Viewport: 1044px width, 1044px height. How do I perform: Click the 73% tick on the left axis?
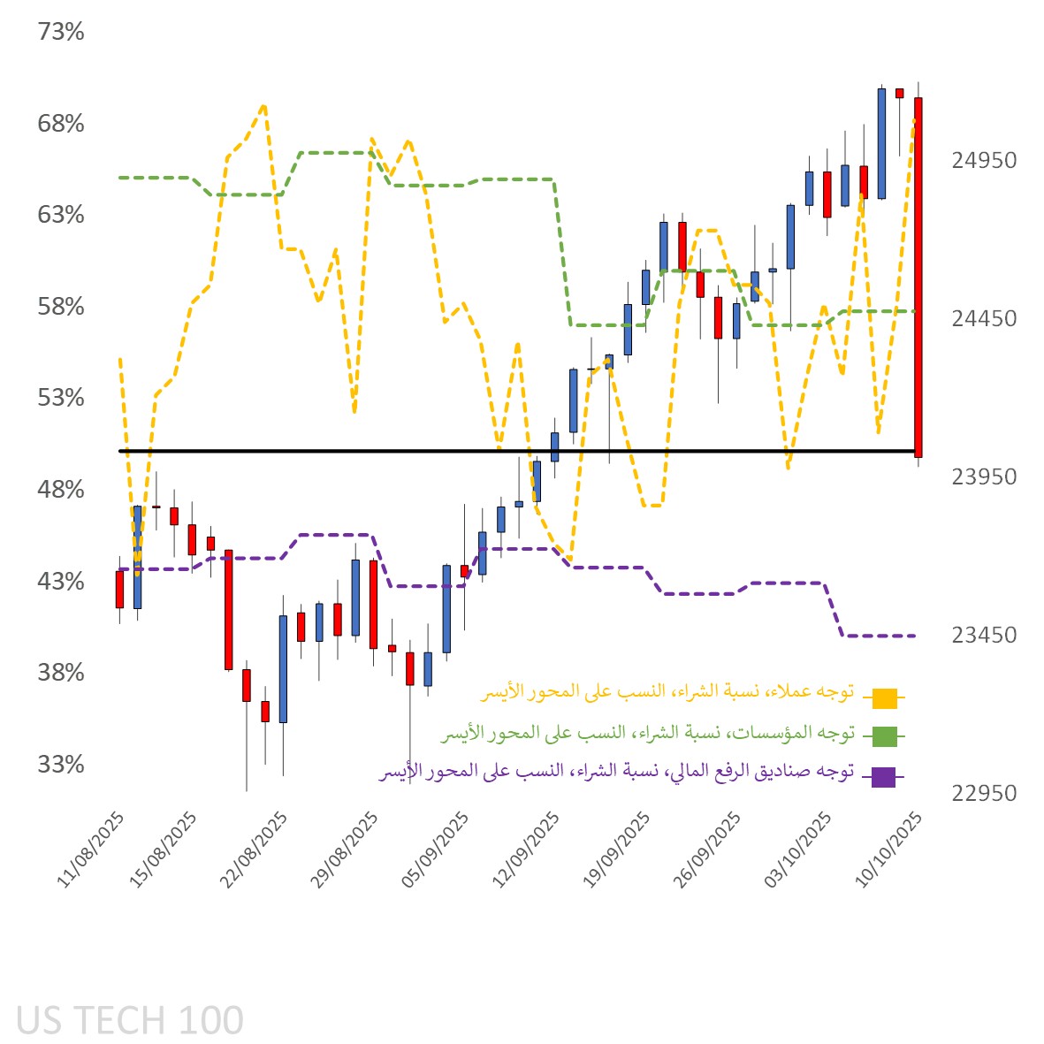[61, 32]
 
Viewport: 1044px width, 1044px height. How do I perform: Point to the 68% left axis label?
[61, 124]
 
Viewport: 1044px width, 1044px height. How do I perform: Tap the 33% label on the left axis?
[61, 764]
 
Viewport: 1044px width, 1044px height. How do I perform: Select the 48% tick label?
[61, 490]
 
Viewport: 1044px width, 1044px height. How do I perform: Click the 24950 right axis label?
[984, 161]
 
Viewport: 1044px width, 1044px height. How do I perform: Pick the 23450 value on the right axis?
[984, 635]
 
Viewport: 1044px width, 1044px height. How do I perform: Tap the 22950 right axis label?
[984, 793]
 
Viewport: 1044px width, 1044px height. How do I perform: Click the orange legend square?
[884, 698]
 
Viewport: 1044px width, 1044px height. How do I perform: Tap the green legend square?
[884, 735]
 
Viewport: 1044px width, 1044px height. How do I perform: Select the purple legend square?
[884, 777]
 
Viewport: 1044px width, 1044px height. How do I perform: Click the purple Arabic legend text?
[616, 772]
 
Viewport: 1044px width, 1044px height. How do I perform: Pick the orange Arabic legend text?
[667, 691]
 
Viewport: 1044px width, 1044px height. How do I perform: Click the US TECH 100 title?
[130, 1020]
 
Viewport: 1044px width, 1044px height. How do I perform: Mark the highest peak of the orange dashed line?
[263, 106]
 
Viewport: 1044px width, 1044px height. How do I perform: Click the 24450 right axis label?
[984, 318]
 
